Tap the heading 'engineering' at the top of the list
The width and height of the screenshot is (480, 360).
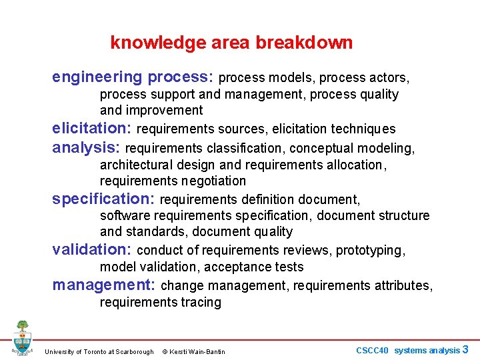(97, 77)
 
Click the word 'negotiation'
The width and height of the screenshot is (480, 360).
(213, 181)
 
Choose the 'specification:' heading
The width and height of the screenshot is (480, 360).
(103, 199)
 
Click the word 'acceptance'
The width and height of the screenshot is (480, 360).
(233, 267)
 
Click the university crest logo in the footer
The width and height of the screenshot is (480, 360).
(22, 338)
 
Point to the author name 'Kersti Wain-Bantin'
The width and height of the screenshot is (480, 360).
(198, 352)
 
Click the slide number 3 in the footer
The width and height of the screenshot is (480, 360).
(465, 349)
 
